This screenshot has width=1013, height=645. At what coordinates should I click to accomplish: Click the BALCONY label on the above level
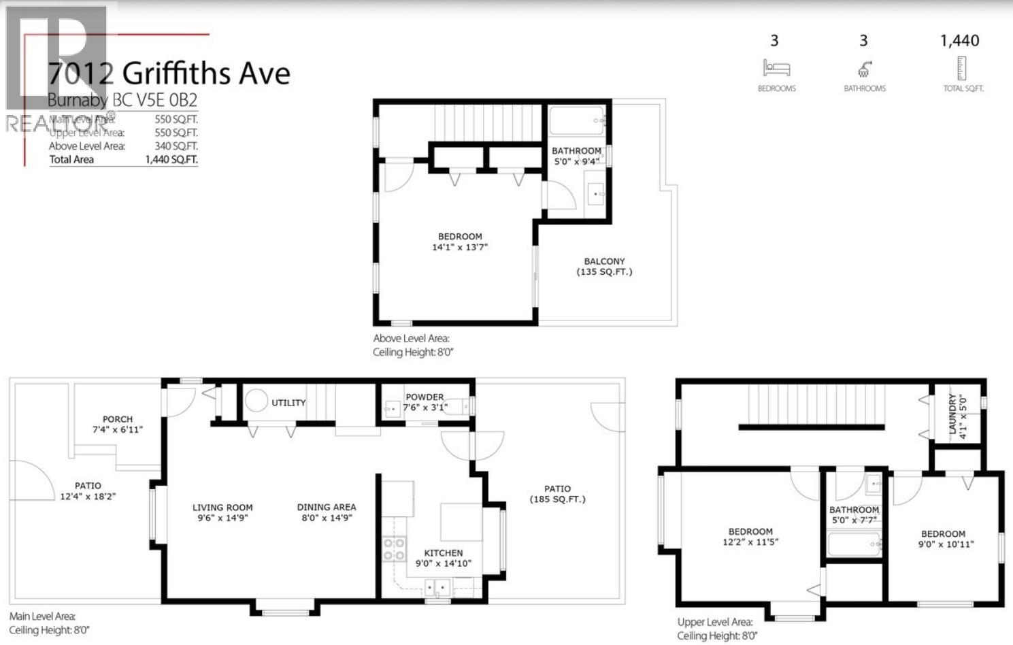point(604,261)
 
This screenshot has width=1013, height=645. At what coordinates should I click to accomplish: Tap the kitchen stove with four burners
point(394,549)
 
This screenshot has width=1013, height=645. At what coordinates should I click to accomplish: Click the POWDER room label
point(425,397)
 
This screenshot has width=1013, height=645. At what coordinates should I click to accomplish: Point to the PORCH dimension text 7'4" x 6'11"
point(118,429)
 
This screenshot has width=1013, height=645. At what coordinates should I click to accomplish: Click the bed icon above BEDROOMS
point(776,68)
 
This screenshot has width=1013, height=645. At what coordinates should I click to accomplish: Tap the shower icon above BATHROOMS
point(864,69)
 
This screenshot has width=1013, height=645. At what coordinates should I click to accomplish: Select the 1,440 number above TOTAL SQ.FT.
point(959,41)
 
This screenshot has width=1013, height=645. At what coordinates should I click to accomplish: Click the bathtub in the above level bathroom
point(576,122)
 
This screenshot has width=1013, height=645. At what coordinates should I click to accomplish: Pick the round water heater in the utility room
point(256,401)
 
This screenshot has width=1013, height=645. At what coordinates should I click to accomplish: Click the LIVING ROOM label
point(222,508)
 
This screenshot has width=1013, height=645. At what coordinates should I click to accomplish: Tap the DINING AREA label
point(327,507)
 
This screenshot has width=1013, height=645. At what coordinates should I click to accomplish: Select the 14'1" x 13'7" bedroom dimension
point(460,247)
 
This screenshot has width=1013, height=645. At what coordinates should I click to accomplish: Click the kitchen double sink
point(436,586)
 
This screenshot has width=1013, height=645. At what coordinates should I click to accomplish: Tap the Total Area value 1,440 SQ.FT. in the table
point(171,159)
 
